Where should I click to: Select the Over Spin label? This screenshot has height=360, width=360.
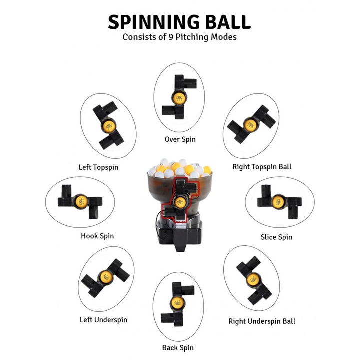[180, 139]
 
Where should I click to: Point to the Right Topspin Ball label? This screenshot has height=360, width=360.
[262, 166]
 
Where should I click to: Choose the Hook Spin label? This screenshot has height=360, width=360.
[97, 236]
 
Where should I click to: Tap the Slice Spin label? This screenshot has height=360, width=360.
[276, 237]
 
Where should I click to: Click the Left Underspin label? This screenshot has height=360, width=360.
[103, 320]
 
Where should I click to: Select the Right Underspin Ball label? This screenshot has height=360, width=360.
[262, 321]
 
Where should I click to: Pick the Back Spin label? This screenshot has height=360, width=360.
[178, 347]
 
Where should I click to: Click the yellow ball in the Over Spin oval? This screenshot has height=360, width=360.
[179, 98]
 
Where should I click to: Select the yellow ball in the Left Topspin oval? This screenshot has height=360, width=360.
[108, 126]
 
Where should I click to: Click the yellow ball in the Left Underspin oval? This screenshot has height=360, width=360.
[105, 276]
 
